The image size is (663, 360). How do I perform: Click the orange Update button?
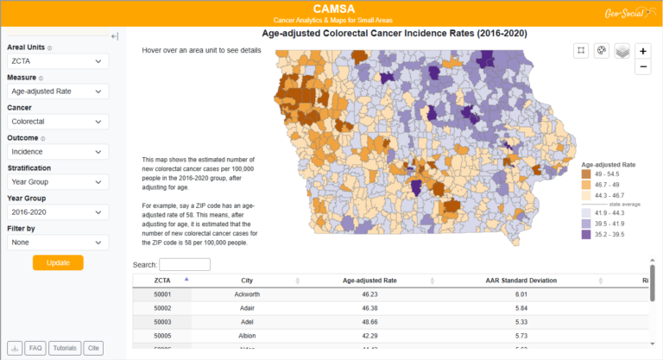coord(58,262)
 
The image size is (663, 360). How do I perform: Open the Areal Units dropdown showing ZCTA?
coord(58,62)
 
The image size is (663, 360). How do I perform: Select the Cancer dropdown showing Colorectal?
coord(58,122)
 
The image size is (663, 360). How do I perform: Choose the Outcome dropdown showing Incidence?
coord(58,152)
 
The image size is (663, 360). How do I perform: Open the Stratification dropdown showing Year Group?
coord(58,182)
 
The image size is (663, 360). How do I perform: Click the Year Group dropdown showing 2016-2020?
coord(58,212)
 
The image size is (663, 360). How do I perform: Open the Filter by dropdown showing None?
coord(58,243)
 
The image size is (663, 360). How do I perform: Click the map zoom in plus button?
coord(643,51)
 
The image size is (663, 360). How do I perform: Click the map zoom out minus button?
coord(643,66)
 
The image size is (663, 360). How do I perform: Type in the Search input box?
coord(185,264)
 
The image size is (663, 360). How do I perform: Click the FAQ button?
coord(35,348)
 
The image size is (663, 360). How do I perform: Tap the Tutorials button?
coord(64,348)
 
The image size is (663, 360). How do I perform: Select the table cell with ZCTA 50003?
coord(162,321)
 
